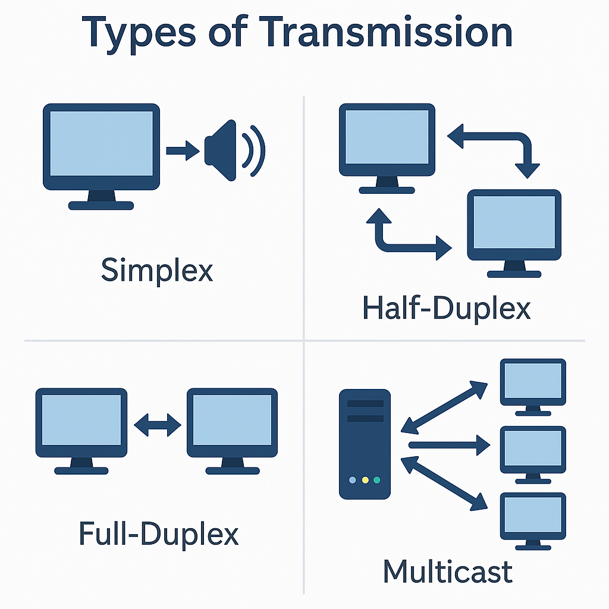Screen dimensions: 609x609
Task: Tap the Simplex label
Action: [157, 271]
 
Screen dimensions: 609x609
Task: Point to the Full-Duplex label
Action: [158, 533]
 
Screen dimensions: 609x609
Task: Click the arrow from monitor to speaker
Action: [183, 150]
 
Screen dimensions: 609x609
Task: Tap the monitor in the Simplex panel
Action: [101, 149]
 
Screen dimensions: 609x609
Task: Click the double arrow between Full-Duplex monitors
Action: [158, 425]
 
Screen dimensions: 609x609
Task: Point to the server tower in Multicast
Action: [365, 443]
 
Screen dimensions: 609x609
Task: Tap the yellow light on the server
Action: [365, 479]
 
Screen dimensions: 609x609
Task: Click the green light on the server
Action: [377, 479]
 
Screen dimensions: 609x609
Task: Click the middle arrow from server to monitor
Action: [449, 444]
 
